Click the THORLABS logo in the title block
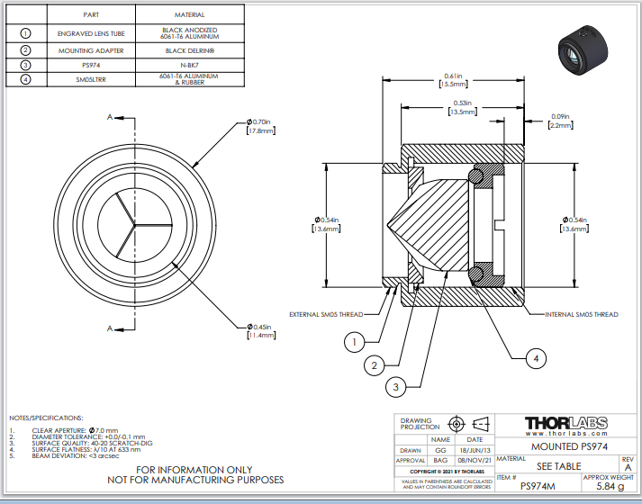(x=565, y=424)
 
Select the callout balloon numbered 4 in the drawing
(x=537, y=358)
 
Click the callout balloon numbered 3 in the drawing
(x=394, y=387)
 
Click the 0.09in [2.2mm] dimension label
(x=560, y=121)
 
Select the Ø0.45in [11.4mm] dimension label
(x=259, y=330)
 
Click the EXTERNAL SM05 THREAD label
(x=326, y=315)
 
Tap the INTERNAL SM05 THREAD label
(x=582, y=315)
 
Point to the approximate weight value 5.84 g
(x=610, y=485)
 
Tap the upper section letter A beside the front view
(x=110, y=117)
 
